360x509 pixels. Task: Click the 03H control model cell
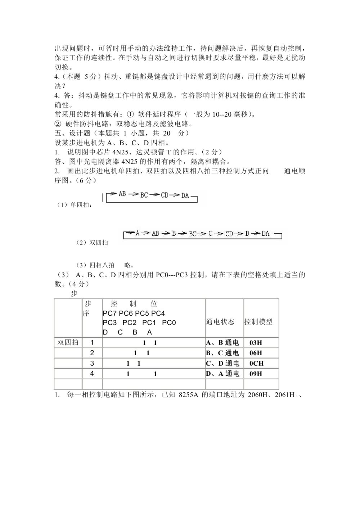pos(256,343)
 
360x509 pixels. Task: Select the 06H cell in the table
pos(256,353)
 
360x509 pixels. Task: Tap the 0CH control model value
pos(256,364)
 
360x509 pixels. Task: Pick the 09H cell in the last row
pos(256,374)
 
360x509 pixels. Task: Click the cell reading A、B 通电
pos(222,343)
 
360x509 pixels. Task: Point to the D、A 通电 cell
pos(222,374)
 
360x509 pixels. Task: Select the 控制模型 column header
pos(258,322)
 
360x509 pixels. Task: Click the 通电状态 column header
pos(220,322)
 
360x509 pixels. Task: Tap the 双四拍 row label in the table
pos(68,342)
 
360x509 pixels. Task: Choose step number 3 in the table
pos(92,363)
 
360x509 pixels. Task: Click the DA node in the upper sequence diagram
pos(185,195)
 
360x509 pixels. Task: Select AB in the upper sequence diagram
pos(122,194)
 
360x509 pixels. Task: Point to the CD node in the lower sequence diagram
pos(229,234)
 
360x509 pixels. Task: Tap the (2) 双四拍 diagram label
pos(92,243)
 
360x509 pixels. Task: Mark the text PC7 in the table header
pos(110,314)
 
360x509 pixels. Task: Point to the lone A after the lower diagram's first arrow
pos(137,233)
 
